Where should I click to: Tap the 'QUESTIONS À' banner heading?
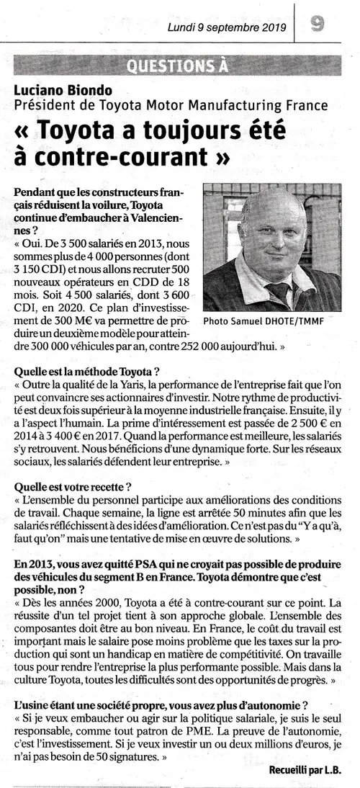tap(177, 68)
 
